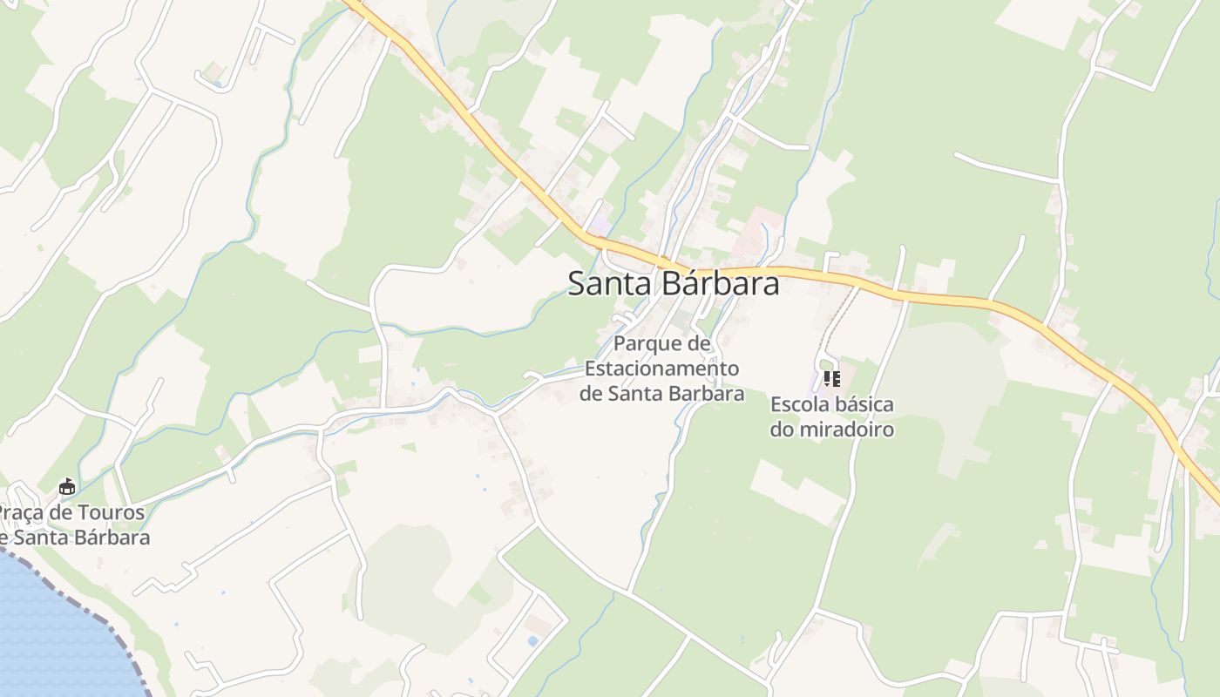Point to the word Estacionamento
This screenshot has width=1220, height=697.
click(661, 369)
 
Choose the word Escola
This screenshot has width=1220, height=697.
click(799, 405)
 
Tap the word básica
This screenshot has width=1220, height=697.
click(864, 405)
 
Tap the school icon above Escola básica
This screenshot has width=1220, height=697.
click(832, 379)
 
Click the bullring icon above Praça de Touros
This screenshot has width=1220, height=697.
click(66, 486)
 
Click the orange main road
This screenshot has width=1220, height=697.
click(959, 300)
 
